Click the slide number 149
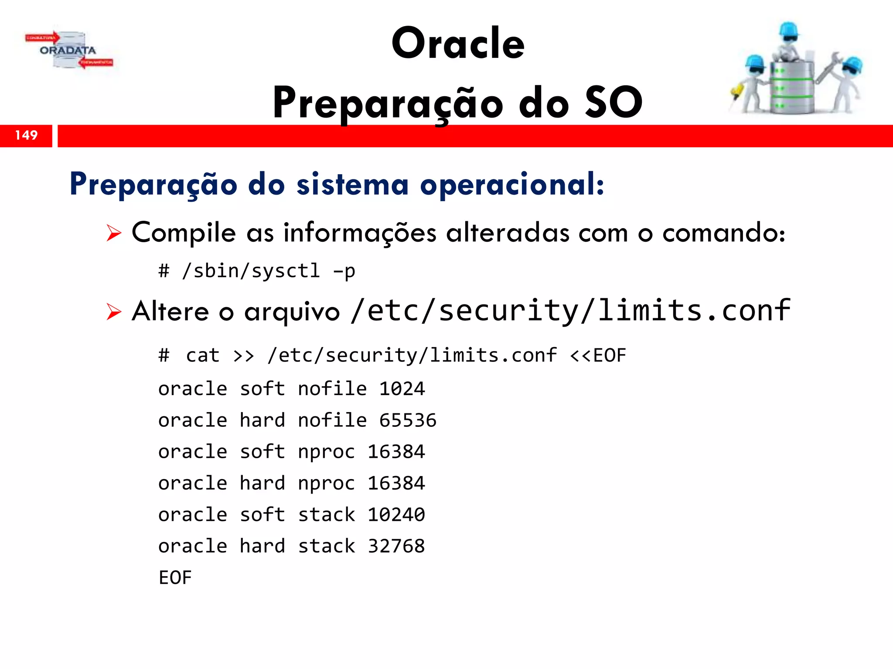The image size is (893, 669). click(x=26, y=135)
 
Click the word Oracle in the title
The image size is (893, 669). click(x=458, y=44)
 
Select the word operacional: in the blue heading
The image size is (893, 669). click(x=512, y=185)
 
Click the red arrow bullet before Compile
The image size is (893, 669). click(x=114, y=233)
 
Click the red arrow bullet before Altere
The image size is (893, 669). click(x=114, y=312)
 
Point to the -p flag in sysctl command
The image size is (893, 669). click(x=344, y=271)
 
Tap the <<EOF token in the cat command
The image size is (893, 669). click(x=598, y=355)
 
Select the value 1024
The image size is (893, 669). click(x=402, y=389)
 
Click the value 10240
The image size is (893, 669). click(x=396, y=515)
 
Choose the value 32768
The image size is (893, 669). click(x=396, y=546)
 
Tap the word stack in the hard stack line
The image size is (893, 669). click(x=326, y=546)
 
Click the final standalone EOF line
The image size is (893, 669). click(x=175, y=578)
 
